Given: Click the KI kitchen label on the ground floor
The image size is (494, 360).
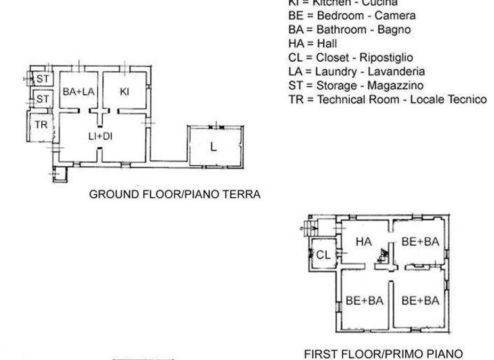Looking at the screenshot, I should [125, 93].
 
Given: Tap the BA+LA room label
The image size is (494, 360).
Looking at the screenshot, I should [78, 93].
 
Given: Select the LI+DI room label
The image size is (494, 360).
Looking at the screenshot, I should [101, 136].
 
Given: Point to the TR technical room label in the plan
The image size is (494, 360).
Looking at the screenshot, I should [41, 125].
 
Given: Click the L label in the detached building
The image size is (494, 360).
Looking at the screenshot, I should [213, 147].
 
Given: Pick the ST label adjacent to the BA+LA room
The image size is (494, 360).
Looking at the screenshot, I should [42, 78].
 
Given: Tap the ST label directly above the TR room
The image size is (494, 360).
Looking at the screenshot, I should [42, 99].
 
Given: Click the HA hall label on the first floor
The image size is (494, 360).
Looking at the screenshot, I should [365, 241].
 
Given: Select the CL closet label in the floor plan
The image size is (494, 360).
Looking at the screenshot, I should [323, 255].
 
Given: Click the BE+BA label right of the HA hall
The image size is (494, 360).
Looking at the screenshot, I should [419, 242].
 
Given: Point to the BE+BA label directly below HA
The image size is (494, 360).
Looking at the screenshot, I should [365, 300].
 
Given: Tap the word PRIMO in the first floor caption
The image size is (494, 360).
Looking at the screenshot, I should [410, 353].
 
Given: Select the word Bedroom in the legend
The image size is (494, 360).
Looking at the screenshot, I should [341, 15].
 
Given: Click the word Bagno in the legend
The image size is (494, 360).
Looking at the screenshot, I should [396, 30].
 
